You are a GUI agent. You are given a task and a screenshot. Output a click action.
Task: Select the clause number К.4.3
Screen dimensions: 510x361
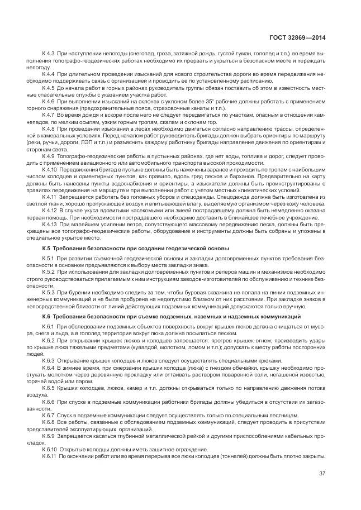tap(49, 53)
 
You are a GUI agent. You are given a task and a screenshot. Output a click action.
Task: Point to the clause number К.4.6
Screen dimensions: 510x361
tap(49, 101)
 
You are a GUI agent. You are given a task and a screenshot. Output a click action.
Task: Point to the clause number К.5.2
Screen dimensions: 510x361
tap(49, 271)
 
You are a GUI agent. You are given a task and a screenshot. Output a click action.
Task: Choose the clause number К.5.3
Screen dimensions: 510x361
tap(49, 292)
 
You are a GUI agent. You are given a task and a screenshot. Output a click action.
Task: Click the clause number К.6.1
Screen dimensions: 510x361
tap(49, 326)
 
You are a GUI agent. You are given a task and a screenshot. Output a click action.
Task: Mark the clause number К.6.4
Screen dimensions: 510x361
tap(49, 368)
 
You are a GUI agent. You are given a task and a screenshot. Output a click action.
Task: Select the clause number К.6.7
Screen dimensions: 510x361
tap(49, 415)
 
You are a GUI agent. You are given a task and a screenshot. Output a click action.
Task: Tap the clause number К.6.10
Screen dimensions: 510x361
tap(50, 449)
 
